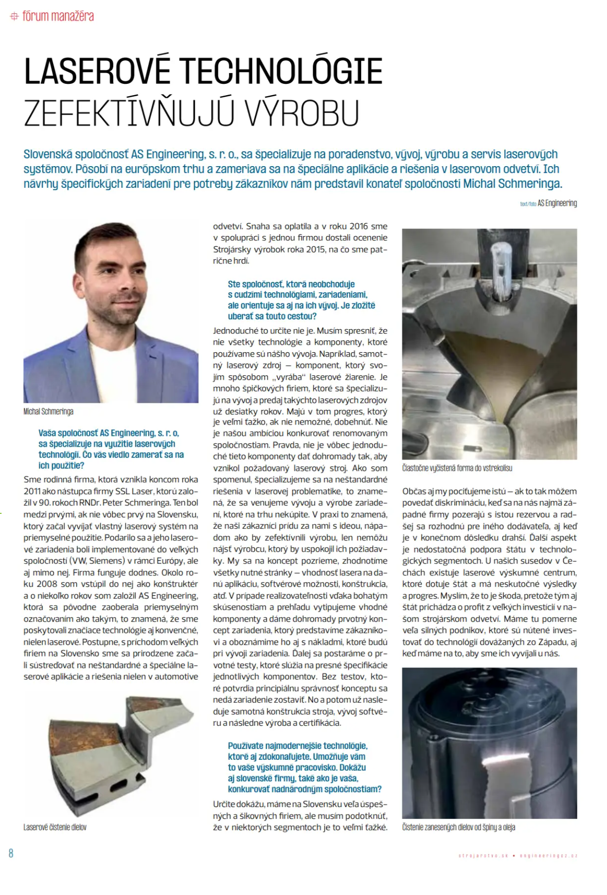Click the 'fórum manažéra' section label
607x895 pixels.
point(58,16)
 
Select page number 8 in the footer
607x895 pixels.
point(11,853)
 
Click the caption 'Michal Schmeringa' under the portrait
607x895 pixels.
point(48,411)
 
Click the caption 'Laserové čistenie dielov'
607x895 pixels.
point(55,827)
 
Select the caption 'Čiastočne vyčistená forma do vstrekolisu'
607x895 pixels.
point(457,468)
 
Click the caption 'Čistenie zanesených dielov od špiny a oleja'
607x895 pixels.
point(458,827)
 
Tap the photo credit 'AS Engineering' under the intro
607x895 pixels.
point(557,203)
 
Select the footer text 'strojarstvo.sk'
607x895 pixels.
point(483,855)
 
